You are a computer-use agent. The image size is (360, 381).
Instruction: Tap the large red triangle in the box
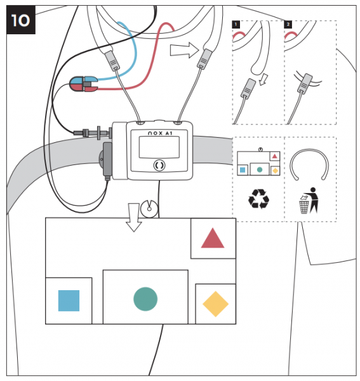pos(213,239)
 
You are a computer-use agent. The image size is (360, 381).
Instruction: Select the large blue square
pos(69,300)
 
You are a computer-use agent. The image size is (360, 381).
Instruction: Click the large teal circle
pos(145,298)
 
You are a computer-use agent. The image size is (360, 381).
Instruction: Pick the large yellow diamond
pos(215,304)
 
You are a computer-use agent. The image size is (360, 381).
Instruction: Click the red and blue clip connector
pos(83,83)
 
